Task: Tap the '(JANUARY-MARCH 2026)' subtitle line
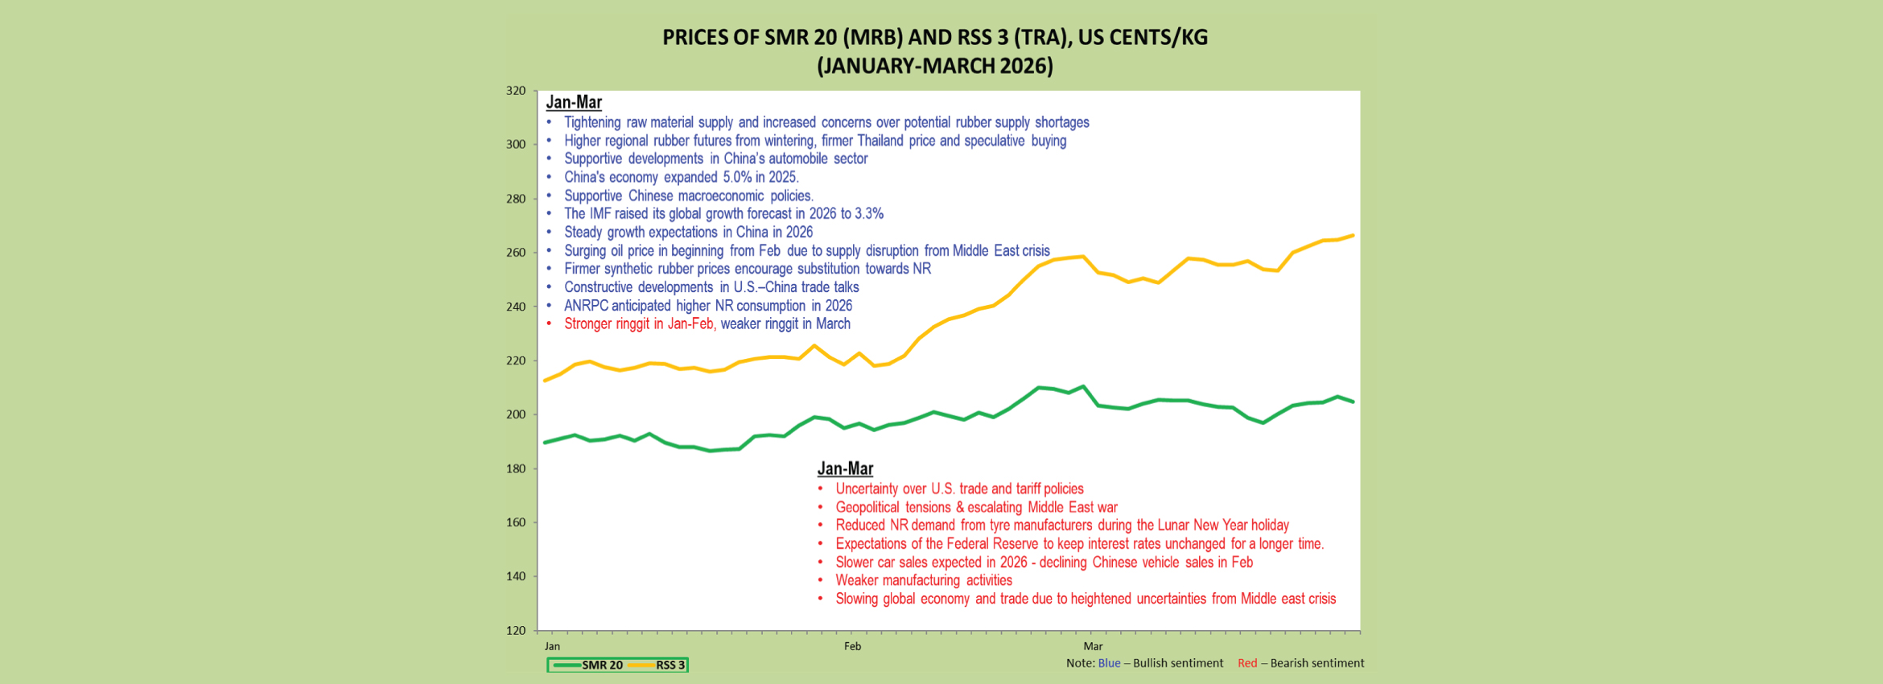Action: (934, 66)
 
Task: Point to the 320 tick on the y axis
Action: (516, 91)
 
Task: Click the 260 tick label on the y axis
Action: (516, 253)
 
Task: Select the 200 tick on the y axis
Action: (516, 414)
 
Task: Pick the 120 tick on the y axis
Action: (516, 630)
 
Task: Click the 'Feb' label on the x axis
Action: (852, 646)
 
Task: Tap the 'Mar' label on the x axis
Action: (1092, 646)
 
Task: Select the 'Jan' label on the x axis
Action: (552, 646)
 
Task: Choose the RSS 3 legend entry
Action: (658, 665)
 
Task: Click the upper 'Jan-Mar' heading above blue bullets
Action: (574, 102)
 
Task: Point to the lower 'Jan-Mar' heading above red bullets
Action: (845, 468)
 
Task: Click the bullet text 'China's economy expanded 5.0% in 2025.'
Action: (681, 177)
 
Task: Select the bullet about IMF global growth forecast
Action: (723, 214)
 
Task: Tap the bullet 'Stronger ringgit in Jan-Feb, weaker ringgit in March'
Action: (707, 324)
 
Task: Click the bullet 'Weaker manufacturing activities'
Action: (923, 580)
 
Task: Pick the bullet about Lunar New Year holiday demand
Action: (1061, 525)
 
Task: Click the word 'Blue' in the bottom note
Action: (1108, 663)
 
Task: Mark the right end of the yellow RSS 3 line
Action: (1353, 236)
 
